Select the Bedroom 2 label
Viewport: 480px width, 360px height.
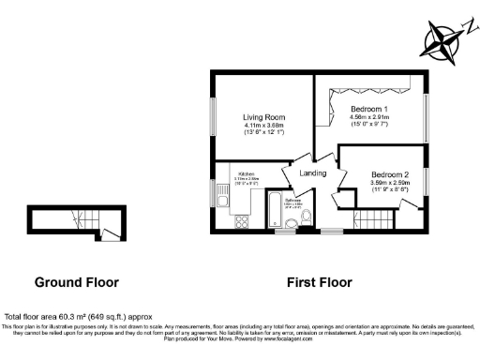(389, 175)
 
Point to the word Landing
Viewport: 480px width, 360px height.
(313, 173)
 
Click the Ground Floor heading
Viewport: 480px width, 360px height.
(74, 281)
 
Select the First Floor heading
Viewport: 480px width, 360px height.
(319, 281)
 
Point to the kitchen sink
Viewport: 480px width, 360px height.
(223, 198)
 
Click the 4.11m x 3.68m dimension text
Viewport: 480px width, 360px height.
(260, 126)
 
